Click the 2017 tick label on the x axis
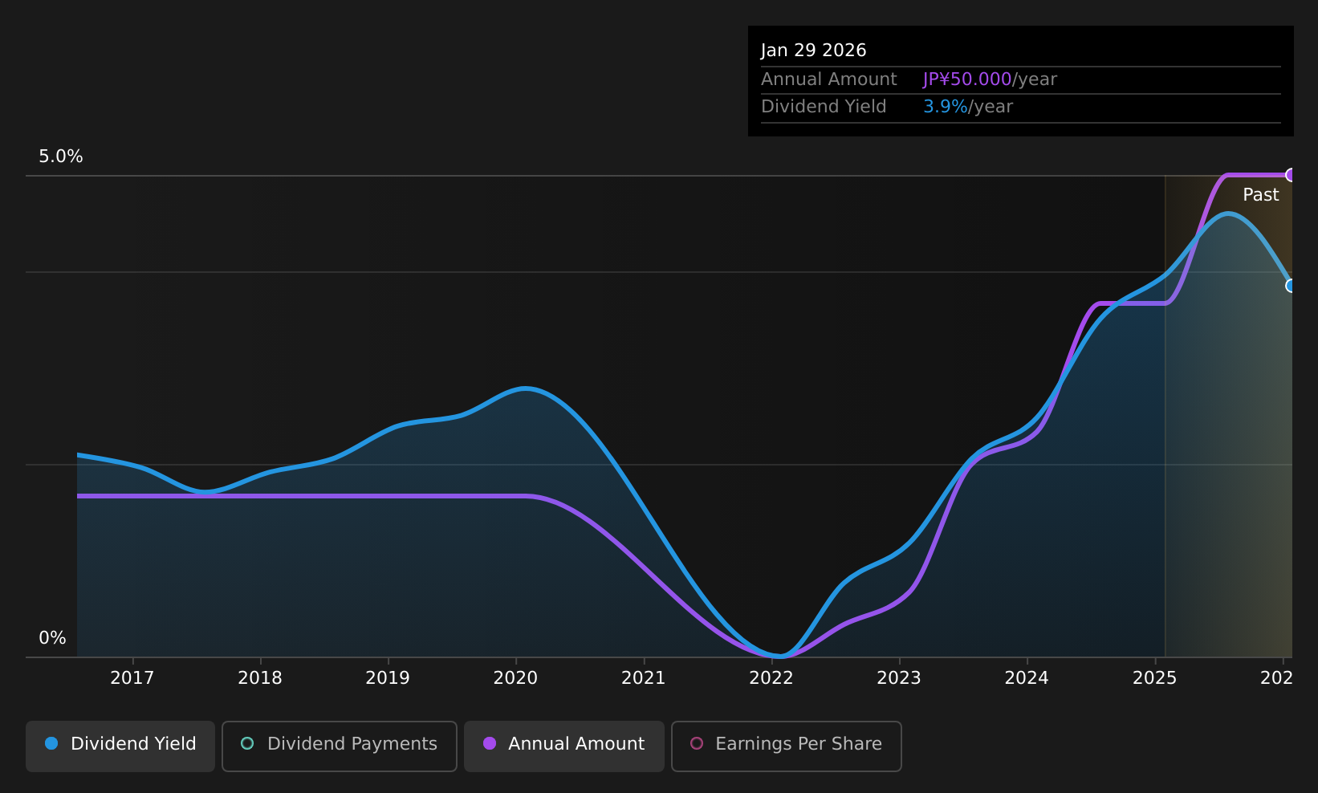pyautogui.click(x=132, y=678)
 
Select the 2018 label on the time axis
pyautogui.click(x=260, y=678)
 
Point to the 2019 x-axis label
pyautogui.click(x=388, y=678)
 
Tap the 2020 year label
pyautogui.click(x=515, y=678)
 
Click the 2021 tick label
pyautogui.click(x=644, y=678)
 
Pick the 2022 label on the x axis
pyautogui.click(x=771, y=678)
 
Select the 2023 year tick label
pyautogui.click(x=899, y=678)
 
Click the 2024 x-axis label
pyautogui.click(x=1027, y=678)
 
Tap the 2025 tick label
pyautogui.click(x=1155, y=678)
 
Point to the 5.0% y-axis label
pyautogui.click(x=61, y=157)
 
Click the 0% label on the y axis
pyautogui.click(x=52, y=638)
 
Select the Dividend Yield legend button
pyautogui.click(x=120, y=746)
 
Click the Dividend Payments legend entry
pyautogui.click(x=340, y=746)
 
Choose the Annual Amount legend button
pyautogui.click(x=564, y=746)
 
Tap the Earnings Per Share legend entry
pyautogui.click(x=787, y=746)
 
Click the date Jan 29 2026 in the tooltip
pyautogui.click(x=814, y=51)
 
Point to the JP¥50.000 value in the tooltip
pyautogui.click(x=967, y=79)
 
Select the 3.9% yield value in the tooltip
pyautogui.click(x=945, y=107)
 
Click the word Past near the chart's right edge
pyautogui.click(x=1260, y=195)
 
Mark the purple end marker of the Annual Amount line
pyautogui.click(x=1290, y=175)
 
